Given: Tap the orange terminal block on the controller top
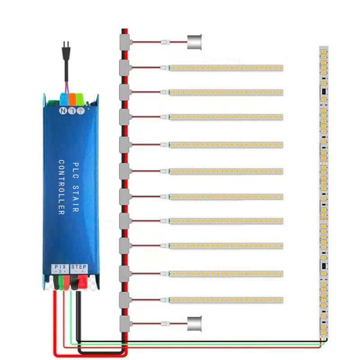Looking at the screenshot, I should coord(72,99).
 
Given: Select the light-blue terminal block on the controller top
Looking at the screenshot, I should coord(63,99).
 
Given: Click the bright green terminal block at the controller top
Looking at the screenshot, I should coord(80,99).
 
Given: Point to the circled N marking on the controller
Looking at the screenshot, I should coord(63,109).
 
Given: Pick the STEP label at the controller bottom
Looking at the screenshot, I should coord(79,267).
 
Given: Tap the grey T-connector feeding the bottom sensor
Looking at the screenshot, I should coord(124,322).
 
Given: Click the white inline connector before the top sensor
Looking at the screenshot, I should coord(165,43).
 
